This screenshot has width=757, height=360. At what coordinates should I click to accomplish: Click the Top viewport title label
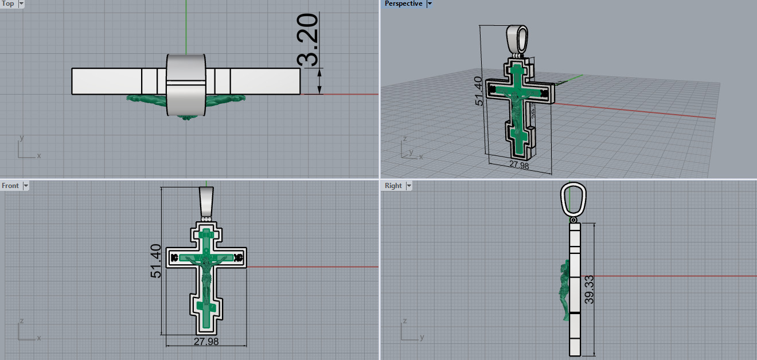(8, 4)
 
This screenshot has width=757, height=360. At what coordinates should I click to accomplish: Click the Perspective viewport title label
(403, 4)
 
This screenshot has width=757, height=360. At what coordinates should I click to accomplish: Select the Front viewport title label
(10, 186)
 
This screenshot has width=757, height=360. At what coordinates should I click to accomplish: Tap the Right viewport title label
(393, 186)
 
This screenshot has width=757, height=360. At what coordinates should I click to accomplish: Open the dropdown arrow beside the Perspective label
(430, 4)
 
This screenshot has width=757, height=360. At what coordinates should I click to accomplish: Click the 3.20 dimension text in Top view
(308, 40)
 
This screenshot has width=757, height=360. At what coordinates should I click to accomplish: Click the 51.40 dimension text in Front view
(155, 261)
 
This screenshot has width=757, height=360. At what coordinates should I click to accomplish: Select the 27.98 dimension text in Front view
(206, 342)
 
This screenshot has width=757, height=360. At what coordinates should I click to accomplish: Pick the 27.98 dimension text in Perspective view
(520, 165)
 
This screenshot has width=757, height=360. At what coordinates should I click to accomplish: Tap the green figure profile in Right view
(564, 289)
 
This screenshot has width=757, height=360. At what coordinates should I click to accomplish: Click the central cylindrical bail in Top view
(186, 84)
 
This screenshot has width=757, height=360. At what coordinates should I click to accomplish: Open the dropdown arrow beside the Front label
(25, 186)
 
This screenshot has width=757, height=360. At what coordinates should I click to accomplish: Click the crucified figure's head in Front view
(205, 252)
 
